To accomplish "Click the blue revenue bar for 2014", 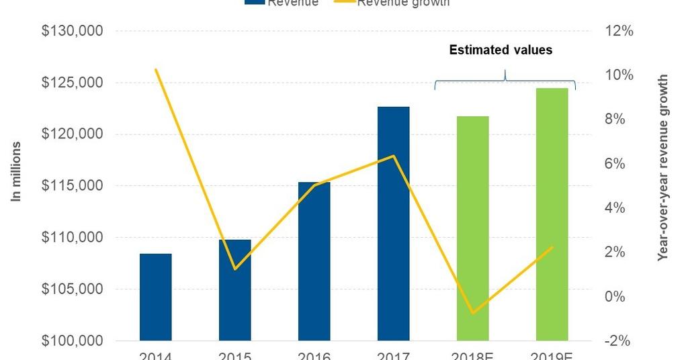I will (155, 297).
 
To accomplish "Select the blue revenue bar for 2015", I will (234, 290).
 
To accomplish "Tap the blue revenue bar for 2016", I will (314, 261).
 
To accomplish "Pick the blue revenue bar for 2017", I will (393, 224).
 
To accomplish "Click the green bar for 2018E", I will (472, 228).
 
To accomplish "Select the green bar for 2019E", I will (552, 214).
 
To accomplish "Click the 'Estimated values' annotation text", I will (501, 50).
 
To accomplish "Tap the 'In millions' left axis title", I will (16, 171).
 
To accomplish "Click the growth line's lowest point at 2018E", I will (472, 313).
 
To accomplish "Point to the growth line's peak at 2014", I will (155, 69).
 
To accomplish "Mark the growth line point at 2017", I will (393, 156).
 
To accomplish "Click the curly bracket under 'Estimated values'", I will (505, 80).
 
